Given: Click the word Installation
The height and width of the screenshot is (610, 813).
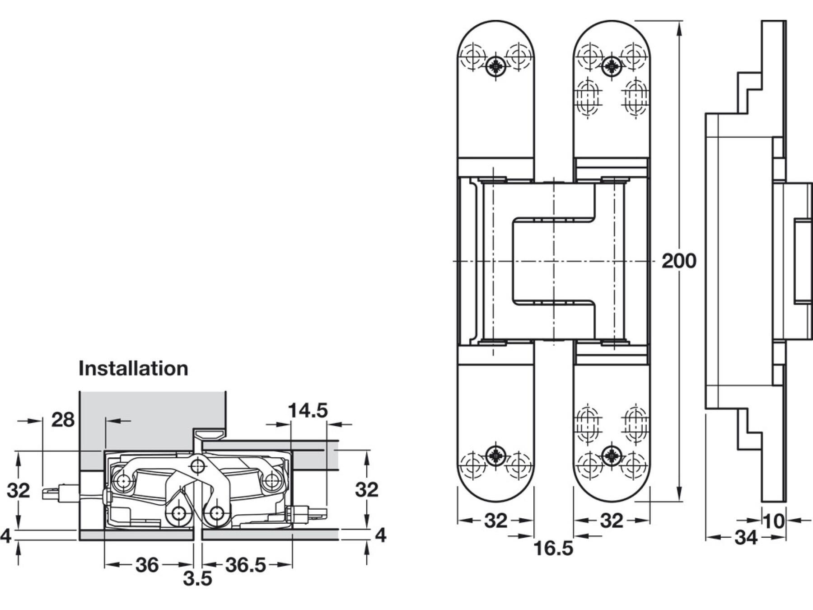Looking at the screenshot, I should [133, 369].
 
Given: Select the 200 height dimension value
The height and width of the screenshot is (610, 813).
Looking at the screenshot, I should [678, 261].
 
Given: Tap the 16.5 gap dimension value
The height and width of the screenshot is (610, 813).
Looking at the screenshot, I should [553, 549].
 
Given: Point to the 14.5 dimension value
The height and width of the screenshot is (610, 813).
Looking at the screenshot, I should [308, 411].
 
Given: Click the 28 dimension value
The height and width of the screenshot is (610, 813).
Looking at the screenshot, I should [63, 420].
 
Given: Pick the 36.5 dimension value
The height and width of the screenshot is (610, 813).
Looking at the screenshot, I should [245, 565].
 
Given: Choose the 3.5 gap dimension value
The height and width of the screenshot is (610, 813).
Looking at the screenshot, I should [197, 579].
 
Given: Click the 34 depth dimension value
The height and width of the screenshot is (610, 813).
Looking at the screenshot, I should [746, 538].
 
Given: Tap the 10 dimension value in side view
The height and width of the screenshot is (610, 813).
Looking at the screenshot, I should [774, 521].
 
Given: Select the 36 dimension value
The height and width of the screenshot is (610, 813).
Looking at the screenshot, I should [147, 565].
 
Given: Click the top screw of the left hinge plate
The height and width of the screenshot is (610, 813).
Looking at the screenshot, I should [496, 67].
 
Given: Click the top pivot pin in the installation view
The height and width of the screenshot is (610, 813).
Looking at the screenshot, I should [197, 465].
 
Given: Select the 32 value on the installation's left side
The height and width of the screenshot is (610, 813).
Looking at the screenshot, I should [19, 490].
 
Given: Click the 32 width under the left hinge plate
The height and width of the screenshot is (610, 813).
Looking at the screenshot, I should [495, 521].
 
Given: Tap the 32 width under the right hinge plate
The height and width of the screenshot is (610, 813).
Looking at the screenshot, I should [612, 521].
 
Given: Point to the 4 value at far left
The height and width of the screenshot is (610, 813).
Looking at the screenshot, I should [5, 536].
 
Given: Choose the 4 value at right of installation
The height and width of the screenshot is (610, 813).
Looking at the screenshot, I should [381, 535].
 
